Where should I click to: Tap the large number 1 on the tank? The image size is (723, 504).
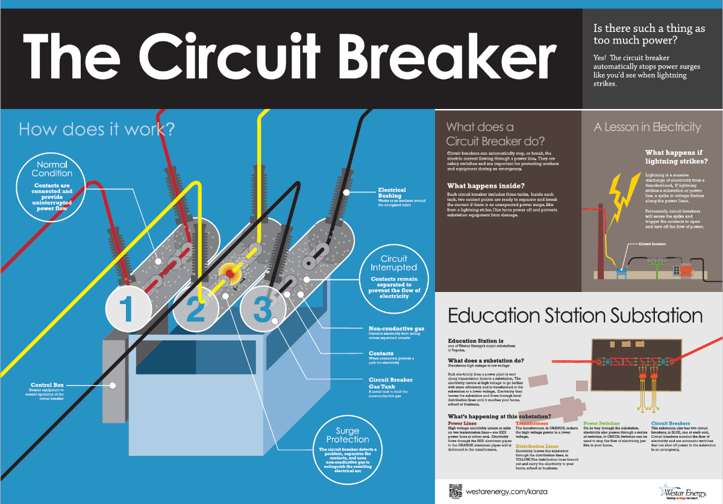click(127, 310)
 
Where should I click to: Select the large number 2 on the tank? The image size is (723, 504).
click(195, 310)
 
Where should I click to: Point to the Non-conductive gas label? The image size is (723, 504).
click(396, 329)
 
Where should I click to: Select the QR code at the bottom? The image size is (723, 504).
click(455, 490)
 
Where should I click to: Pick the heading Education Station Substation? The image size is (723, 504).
click(575, 316)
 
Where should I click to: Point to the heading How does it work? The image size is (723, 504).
click(96, 129)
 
